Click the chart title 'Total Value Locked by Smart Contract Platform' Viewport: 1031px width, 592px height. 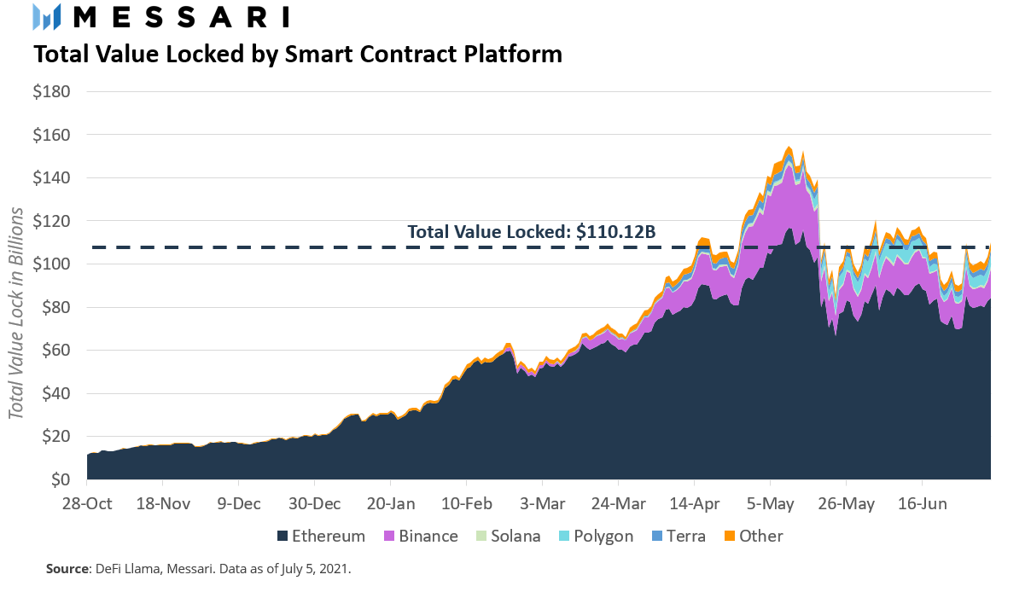point(297,55)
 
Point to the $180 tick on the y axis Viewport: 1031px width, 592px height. point(51,91)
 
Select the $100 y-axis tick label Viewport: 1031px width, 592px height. point(51,264)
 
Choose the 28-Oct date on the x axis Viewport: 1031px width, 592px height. point(87,503)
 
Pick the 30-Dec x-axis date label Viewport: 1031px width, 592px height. point(313,503)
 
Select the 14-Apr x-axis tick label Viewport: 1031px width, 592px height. point(694,503)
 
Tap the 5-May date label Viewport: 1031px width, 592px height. point(770,503)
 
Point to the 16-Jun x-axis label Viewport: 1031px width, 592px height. point(921,503)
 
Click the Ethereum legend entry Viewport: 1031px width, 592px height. point(320,537)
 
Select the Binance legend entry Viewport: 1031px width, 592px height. point(421,537)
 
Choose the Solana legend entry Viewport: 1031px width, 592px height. point(509,537)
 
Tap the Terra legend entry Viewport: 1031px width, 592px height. point(678,537)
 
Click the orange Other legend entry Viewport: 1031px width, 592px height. point(752,537)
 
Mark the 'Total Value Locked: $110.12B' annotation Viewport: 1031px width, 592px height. point(531,231)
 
